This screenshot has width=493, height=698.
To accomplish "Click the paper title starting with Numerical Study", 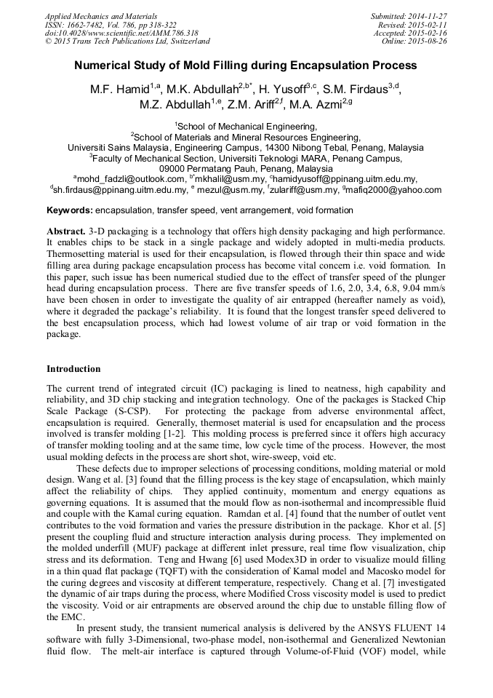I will pyautogui.click(x=246, y=65).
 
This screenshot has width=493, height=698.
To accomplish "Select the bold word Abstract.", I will pyautogui.click(x=65, y=231).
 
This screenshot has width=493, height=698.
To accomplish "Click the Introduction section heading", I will pyautogui.click(x=73, y=369).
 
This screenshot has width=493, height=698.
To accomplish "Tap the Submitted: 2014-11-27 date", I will pyautogui.click(x=409, y=16).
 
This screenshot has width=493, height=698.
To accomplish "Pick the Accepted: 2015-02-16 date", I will pyautogui.click(x=410, y=33).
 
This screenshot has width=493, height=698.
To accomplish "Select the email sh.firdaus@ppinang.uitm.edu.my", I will pyautogui.click(x=119, y=190).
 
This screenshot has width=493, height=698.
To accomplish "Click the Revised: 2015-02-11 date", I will pyautogui.click(x=412, y=25).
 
